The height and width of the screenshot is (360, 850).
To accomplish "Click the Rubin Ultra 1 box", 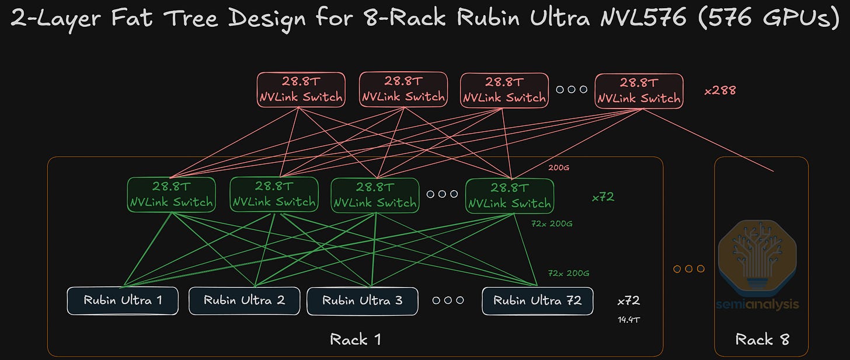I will (x=123, y=300).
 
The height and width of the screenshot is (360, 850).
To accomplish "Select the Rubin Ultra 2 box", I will (x=244, y=300).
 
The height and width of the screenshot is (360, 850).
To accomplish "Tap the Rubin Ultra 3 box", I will (x=362, y=300).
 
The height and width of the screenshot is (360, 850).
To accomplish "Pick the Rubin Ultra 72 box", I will (x=537, y=300).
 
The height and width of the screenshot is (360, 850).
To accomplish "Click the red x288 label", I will (x=720, y=90).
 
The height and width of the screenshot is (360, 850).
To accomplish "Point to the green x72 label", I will (x=603, y=197).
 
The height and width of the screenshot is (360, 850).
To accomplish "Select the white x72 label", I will (x=629, y=301).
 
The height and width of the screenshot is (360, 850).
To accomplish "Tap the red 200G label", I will (x=558, y=168).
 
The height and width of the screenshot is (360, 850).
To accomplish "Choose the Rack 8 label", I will (x=762, y=340).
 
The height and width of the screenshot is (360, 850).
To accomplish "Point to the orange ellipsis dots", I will (x=689, y=269).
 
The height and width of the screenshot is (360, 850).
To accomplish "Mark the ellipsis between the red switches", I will (x=571, y=90).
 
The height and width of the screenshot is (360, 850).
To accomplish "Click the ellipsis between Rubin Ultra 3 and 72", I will (x=448, y=300).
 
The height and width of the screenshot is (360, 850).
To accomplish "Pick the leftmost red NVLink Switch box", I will (x=301, y=90).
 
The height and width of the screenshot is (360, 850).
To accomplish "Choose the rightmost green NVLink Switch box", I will (x=509, y=195).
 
